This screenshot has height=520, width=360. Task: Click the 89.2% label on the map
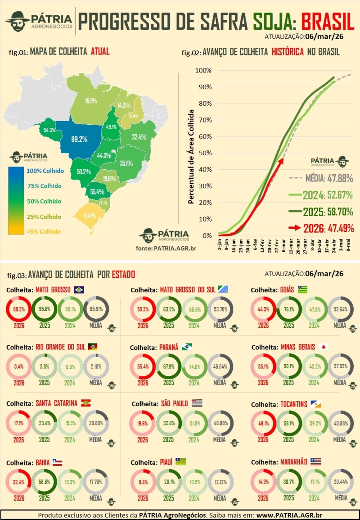click(x=79, y=140)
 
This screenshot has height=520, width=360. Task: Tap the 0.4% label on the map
click(x=90, y=215)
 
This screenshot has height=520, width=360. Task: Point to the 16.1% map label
click(x=91, y=100)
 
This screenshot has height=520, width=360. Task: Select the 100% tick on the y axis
click(x=203, y=71)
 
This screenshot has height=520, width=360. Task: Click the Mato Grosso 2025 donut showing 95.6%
click(x=44, y=310)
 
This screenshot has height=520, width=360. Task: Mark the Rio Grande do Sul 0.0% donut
click(x=69, y=367)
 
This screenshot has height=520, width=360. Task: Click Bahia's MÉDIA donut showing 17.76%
click(x=95, y=482)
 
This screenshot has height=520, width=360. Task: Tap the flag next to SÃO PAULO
click(x=197, y=403)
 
